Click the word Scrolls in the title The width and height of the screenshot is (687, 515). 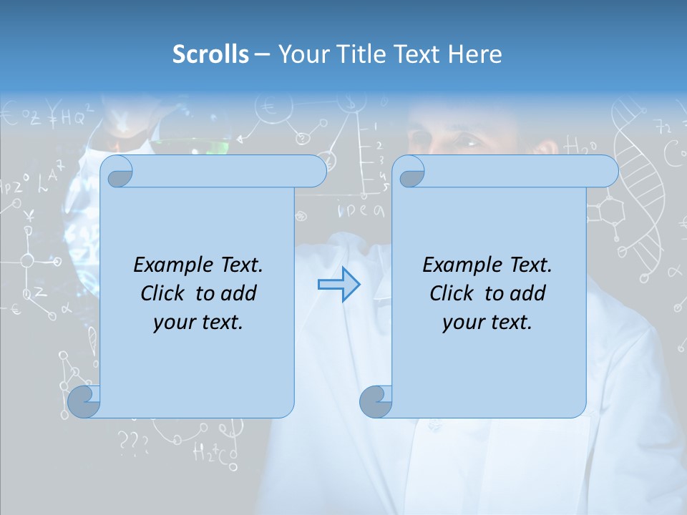tap(210, 54)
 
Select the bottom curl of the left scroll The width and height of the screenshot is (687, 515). tap(84, 402)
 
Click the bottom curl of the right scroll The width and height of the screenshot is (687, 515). tap(375, 402)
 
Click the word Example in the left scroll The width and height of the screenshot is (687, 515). tap(172, 265)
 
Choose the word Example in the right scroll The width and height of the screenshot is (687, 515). tap(461, 265)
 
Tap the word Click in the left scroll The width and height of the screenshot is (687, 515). tap(162, 293)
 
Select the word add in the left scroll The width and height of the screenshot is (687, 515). tap(239, 293)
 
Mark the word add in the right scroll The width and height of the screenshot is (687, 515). tap(528, 293)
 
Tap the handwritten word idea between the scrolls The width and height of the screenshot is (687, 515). tap(361, 210)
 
